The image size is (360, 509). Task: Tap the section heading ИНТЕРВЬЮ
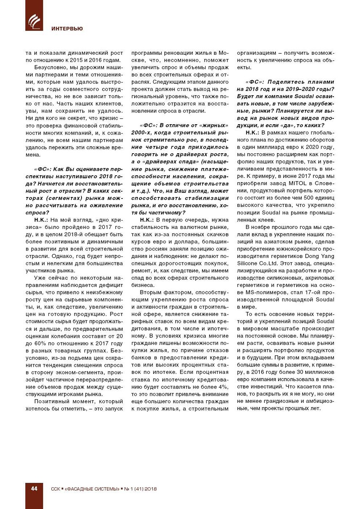[67, 29]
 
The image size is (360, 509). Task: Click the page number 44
[34, 488]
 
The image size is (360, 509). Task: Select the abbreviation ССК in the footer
[55, 489]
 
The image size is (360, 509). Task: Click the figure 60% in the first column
[34, 343]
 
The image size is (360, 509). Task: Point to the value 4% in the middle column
[223, 387]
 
